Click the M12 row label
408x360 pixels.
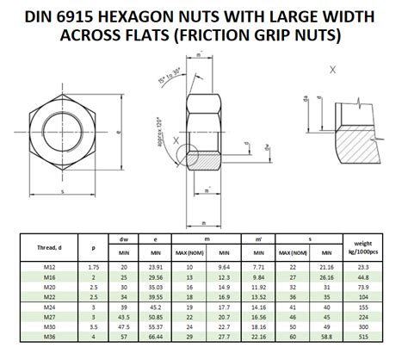pos(49,267)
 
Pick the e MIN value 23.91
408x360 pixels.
pos(157,267)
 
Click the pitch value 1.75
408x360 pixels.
pos(91,267)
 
